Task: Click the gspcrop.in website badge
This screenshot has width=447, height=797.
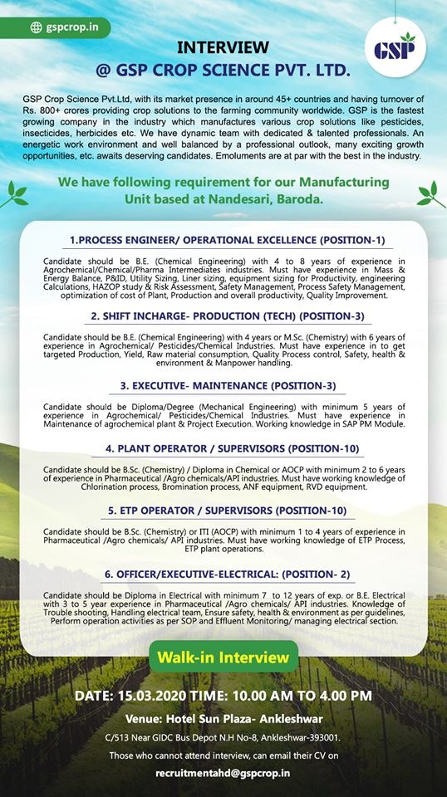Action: point(65,27)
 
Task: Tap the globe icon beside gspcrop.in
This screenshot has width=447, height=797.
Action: point(36,27)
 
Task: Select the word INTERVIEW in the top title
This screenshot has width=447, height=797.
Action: point(223,47)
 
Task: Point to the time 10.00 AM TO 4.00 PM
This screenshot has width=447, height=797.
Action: point(302,694)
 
